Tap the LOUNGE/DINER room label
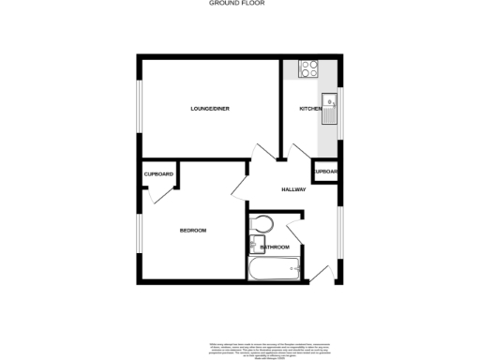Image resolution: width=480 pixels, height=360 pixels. click(209, 110)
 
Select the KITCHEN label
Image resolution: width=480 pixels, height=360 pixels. click(310, 110)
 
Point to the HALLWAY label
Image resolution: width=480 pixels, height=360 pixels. click(293, 189)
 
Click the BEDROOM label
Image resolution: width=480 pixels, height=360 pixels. click(193, 230)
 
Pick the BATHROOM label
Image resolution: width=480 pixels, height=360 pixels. click(275, 247)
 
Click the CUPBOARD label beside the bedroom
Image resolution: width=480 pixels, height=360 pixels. click(158, 174)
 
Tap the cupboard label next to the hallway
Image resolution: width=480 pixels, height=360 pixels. click(326, 172)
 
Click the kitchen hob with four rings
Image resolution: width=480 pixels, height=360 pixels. click(308, 68)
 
